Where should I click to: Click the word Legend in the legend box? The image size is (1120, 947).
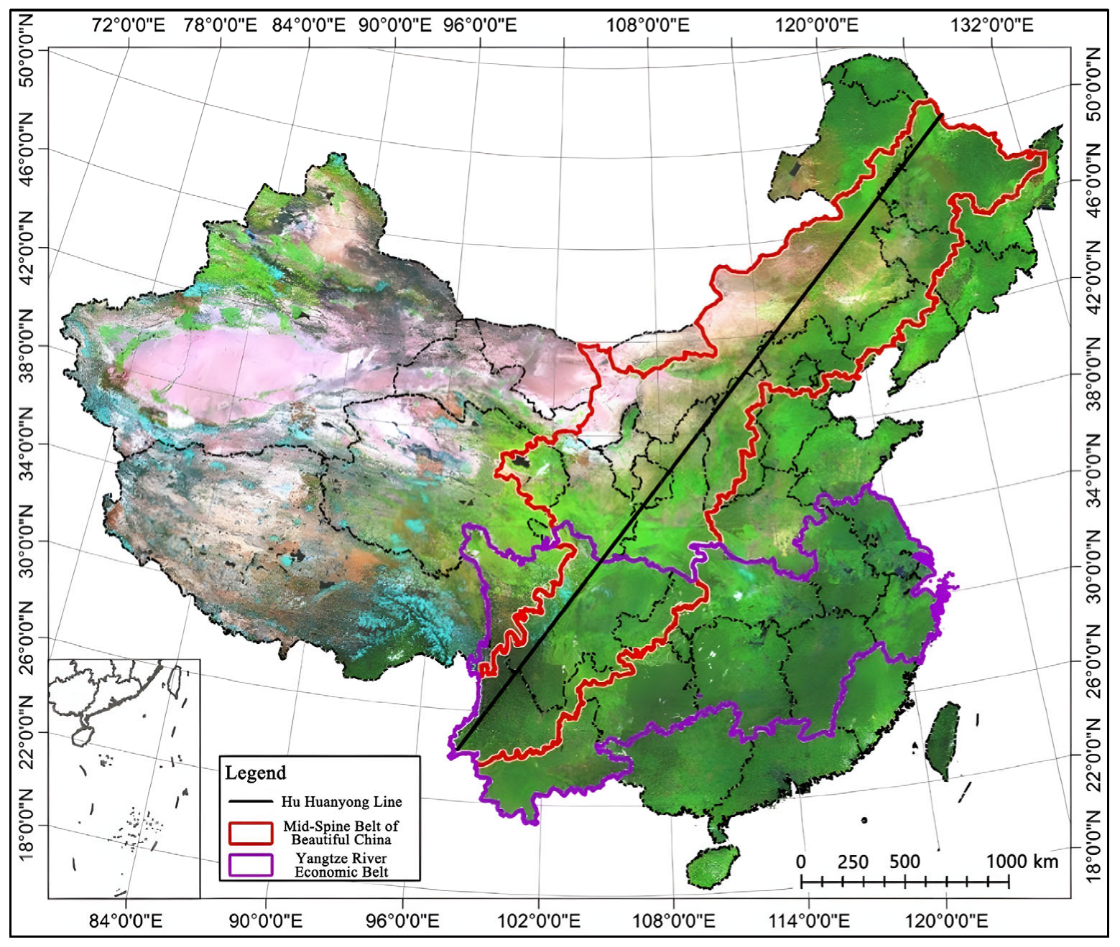[255, 773]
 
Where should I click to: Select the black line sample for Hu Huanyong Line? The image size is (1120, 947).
[250, 801]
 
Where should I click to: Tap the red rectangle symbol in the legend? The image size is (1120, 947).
[251, 833]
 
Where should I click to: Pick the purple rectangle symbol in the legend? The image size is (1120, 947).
[251, 864]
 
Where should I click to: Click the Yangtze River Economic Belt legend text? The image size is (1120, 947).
[341, 865]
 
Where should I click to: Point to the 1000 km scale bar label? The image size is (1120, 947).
[1022, 862]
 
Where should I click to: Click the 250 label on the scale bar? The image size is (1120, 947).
[853, 862]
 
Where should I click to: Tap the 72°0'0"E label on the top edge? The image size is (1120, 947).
[129, 26]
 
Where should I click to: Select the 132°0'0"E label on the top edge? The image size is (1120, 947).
[992, 26]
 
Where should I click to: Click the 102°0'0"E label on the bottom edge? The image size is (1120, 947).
[539, 920]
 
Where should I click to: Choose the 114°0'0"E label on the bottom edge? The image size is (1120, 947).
[809, 920]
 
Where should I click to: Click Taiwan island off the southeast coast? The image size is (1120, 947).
[942, 740]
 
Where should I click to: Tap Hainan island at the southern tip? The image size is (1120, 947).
[713, 865]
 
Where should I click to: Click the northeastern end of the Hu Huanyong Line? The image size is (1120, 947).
[941, 115]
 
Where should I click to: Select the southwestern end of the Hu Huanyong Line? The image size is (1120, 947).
[458, 749]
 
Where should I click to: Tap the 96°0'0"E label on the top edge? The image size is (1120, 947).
[479, 26]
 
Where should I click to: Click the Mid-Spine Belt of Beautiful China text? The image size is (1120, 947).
[341, 833]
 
